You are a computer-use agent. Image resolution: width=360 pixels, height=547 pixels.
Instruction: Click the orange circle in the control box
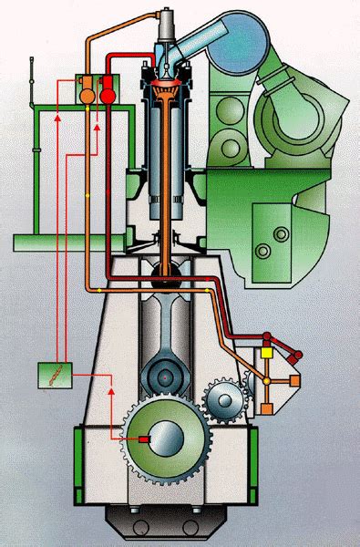coord(88,94)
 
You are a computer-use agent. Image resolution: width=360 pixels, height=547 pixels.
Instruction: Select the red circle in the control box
coord(108,94)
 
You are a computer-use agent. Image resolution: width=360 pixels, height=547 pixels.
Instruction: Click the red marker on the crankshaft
coord(144,439)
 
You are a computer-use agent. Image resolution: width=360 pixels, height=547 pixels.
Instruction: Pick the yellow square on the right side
coord(267,351)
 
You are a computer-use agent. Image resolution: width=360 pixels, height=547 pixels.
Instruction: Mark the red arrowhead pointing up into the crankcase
coord(110,389)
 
